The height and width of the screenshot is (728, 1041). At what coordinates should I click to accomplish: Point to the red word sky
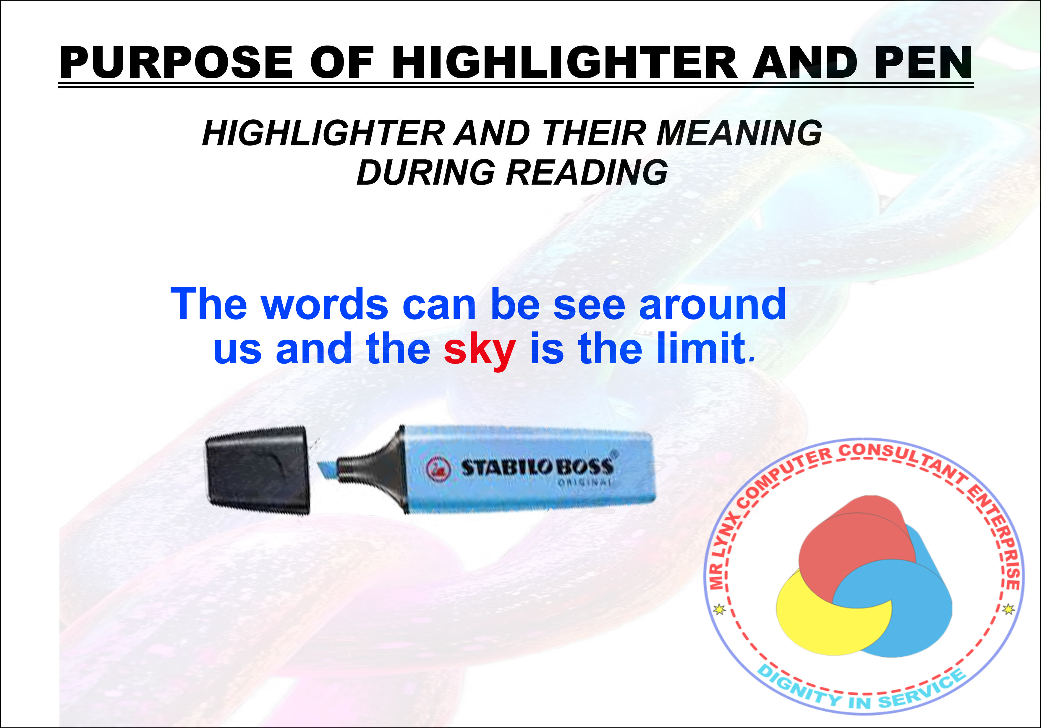(x=479, y=350)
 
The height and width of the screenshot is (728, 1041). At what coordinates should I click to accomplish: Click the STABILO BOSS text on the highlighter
(x=537, y=467)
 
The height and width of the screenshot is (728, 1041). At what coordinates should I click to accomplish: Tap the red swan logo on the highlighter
(x=438, y=468)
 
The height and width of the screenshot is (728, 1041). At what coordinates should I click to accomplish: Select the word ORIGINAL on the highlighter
(x=585, y=482)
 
